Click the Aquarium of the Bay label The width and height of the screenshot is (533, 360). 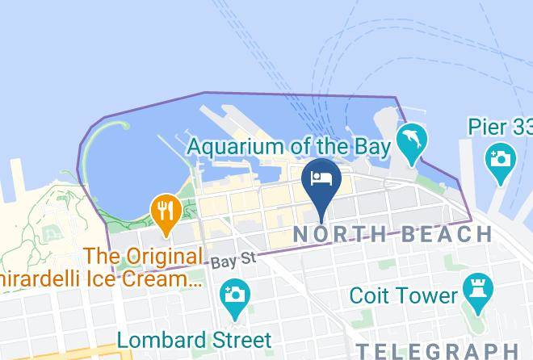tap(289, 147)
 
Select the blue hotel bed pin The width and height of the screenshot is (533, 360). tap(322, 180)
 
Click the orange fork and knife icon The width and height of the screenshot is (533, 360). tap(166, 211)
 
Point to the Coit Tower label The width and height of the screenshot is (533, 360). tap(403, 295)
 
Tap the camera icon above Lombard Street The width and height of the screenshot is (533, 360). tap(235, 292)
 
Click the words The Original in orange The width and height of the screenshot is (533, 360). tap(144, 257)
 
